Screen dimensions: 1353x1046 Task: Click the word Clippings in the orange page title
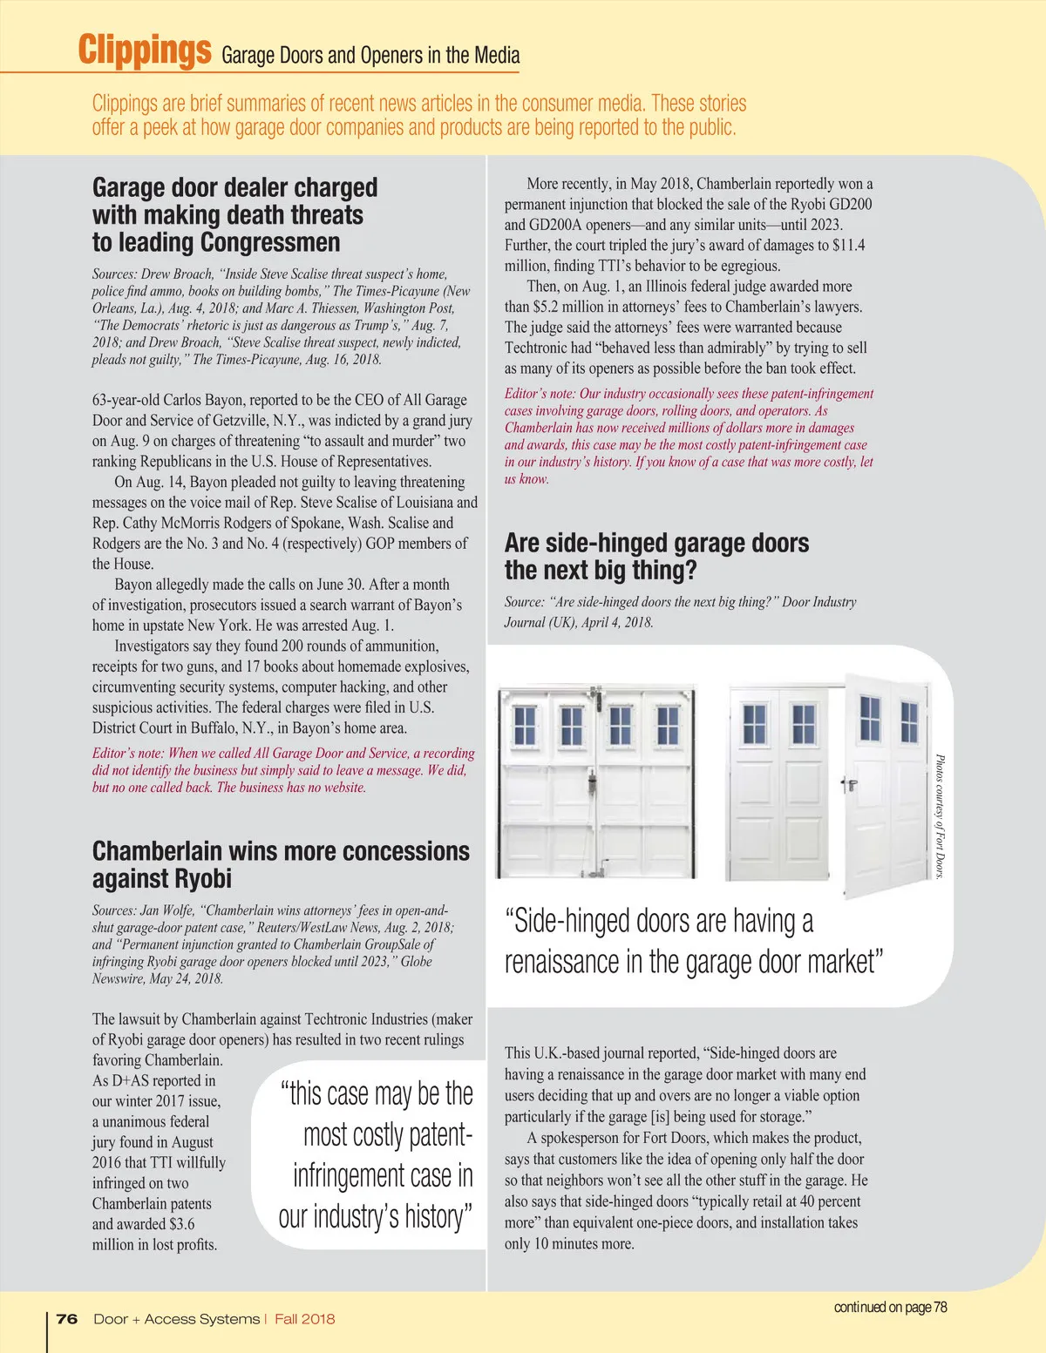click(144, 50)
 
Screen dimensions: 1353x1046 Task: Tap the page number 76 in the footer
click(67, 1319)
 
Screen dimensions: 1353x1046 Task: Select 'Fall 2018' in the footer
click(304, 1319)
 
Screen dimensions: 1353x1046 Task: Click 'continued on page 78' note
click(890, 1307)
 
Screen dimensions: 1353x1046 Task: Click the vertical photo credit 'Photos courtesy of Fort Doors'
click(940, 816)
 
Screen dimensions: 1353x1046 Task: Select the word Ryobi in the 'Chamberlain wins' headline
click(198, 878)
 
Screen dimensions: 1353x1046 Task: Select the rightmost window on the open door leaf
click(909, 720)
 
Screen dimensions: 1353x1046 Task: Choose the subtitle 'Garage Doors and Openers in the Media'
click(370, 56)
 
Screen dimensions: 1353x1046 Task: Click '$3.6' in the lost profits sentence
click(180, 1224)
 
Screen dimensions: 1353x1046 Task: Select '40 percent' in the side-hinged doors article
click(827, 1201)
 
